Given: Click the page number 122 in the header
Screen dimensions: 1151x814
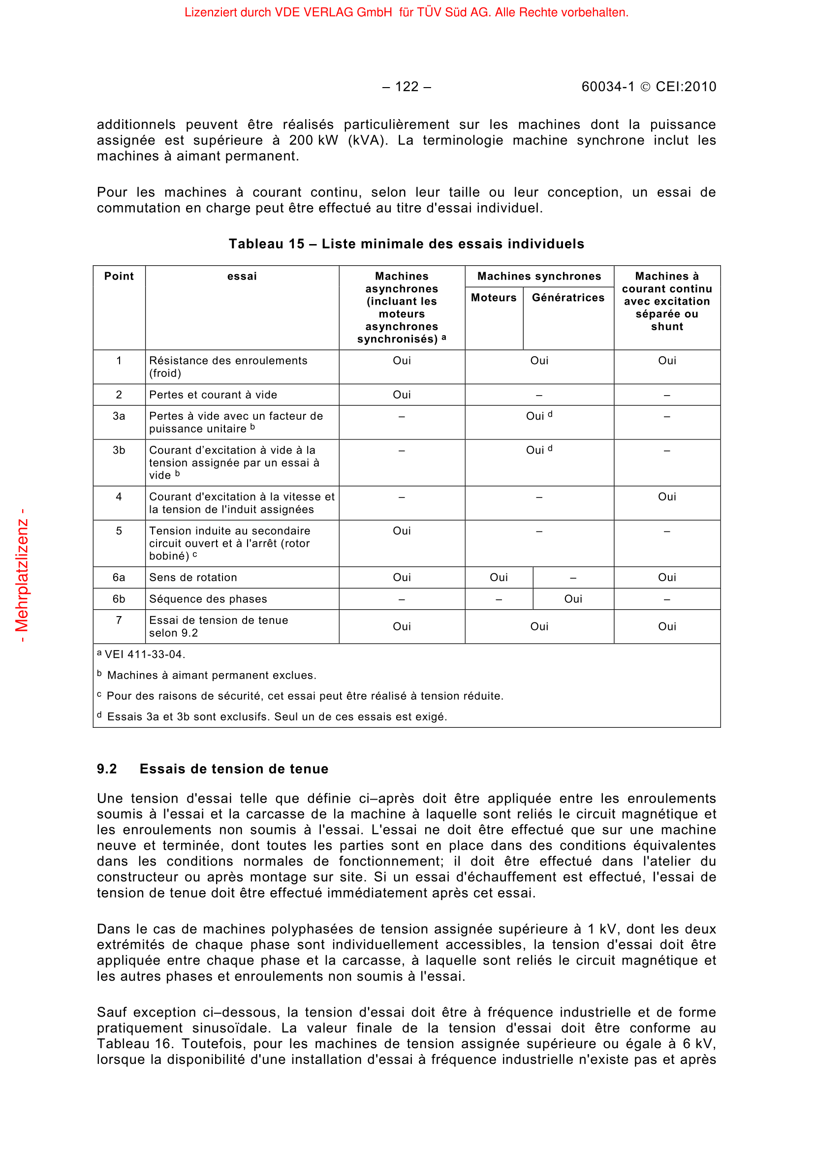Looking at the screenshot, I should (407, 87).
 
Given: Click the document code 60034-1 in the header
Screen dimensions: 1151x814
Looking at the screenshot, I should (607, 87).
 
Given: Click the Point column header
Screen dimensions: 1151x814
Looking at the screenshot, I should (119, 276).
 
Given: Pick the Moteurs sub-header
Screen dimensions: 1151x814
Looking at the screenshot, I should (494, 298).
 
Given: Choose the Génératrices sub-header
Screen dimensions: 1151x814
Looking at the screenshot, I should (568, 298).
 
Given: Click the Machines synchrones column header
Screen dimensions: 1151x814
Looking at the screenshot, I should (539, 276).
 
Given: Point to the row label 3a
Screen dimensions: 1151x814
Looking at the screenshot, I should (119, 416).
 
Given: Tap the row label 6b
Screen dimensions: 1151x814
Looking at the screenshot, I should (119, 599).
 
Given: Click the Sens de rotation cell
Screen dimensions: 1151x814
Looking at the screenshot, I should (193, 578).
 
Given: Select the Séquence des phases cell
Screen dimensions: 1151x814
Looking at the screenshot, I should (208, 599).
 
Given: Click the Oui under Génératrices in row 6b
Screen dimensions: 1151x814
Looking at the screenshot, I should (573, 599).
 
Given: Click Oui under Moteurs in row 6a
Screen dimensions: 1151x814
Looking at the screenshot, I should (499, 578).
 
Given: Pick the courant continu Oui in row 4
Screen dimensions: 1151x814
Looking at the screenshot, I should (667, 497).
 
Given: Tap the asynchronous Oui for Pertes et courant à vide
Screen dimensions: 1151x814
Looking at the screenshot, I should (402, 395).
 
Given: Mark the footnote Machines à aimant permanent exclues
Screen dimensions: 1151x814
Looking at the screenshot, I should (212, 676).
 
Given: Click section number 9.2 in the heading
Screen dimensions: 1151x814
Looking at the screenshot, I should (107, 769).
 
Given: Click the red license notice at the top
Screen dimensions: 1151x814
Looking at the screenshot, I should (406, 12).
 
